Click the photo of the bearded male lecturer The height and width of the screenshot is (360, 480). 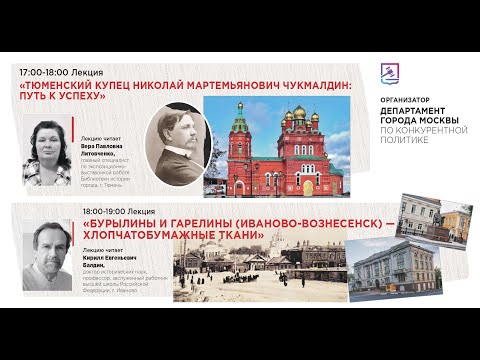point(50,258)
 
